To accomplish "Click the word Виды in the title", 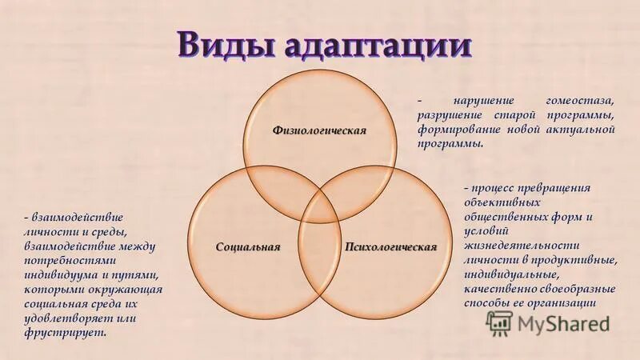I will [x=218, y=44].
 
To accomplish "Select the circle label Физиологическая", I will [x=319, y=130].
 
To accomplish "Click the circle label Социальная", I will [x=248, y=246].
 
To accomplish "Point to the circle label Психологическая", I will [x=390, y=246].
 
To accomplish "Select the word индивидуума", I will [x=62, y=274].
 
